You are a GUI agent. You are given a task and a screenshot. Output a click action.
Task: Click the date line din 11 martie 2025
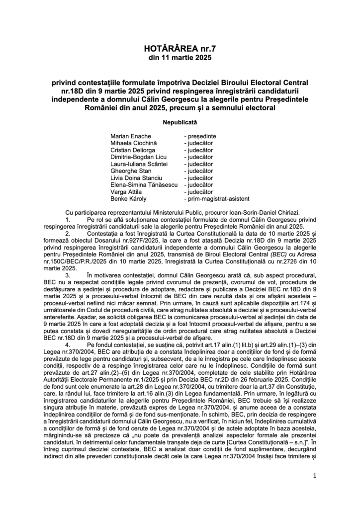pos(180,58)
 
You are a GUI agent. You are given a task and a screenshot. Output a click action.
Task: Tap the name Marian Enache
pos(130,136)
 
